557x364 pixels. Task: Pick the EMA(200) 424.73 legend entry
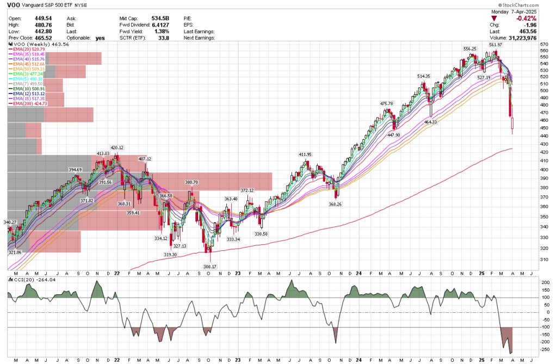tap(27, 103)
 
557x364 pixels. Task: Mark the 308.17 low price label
tap(210, 267)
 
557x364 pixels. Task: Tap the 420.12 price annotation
tap(117, 147)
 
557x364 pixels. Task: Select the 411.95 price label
tap(306, 154)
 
